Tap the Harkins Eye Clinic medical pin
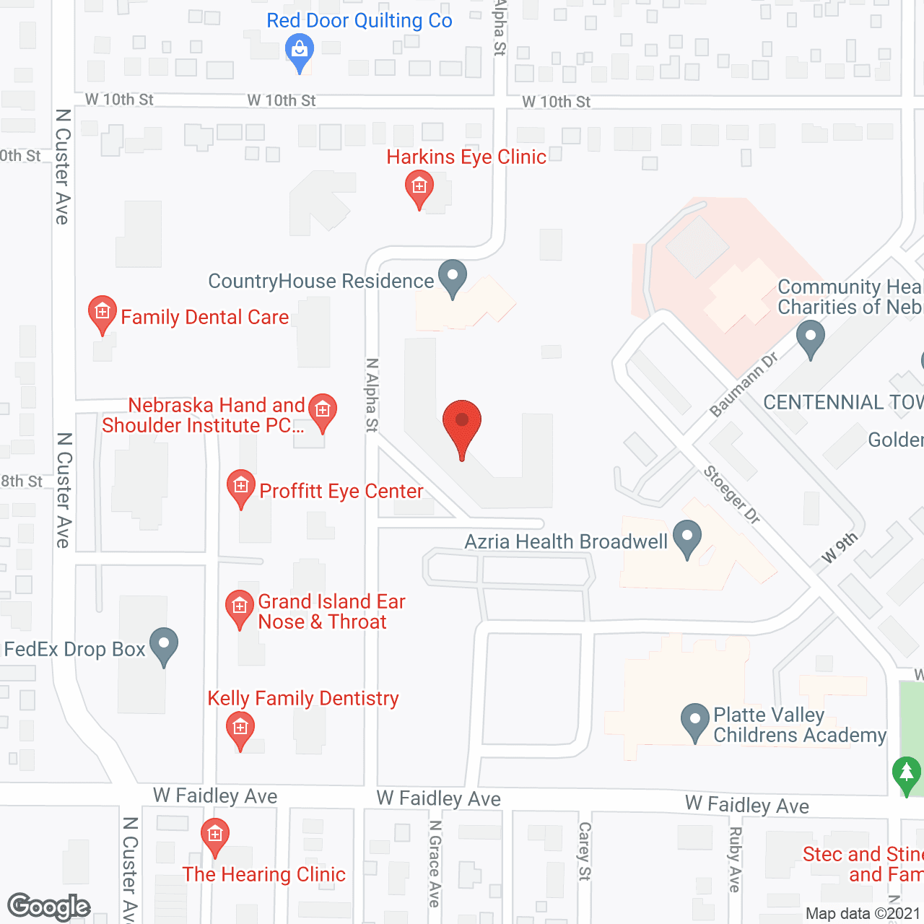pos(419,188)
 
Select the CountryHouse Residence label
pos(321,281)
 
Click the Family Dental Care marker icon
pos(103,313)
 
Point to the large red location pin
pos(461,424)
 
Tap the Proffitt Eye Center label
pos(341,491)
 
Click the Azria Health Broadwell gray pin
pos(687,538)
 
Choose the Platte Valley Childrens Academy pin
pos(695,720)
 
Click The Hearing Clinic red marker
pos(215,835)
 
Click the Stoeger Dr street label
pos(732,494)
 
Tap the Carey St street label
pos(585,851)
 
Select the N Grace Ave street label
pos(434,863)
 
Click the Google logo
pos(49,907)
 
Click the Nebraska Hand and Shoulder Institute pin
pos(322,411)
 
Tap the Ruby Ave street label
pos(735,859)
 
